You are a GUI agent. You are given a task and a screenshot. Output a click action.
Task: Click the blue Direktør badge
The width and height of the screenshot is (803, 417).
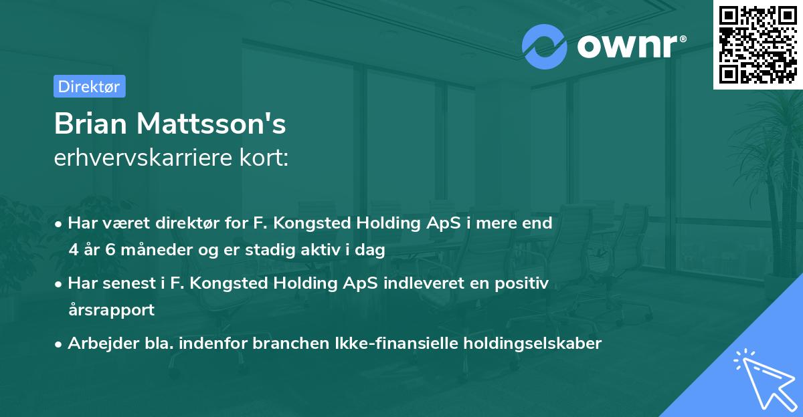[x=89, y=86]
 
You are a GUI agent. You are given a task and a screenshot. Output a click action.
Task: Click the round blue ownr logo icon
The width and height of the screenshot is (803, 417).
[x=544, y=47]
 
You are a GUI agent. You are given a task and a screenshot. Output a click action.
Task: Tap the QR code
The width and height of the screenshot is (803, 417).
[x=757, y=44]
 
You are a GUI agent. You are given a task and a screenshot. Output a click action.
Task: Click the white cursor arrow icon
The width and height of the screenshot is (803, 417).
[x=762, y=376]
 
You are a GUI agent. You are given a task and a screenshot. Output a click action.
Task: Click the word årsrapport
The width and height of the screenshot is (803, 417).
[x=111, y=310]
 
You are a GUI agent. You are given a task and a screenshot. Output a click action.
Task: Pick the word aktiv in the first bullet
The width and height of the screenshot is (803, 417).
[x=337, y=251]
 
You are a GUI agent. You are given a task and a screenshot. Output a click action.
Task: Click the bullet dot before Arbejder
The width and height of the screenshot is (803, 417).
[x=59, y=344]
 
